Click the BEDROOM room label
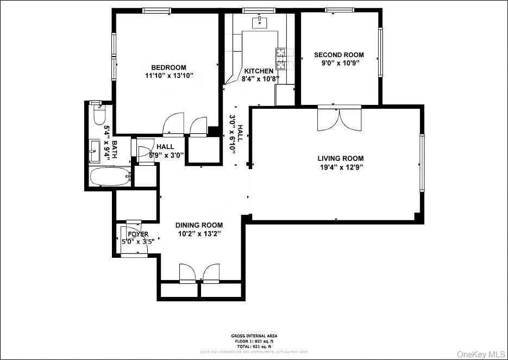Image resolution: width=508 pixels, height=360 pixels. pos(169,67)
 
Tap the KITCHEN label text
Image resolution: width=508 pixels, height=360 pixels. pos(259,71)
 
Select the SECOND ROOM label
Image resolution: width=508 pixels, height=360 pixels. pos(339,55)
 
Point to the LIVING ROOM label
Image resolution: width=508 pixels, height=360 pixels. pos(340,159)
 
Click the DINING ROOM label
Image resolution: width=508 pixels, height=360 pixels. pos(199,225)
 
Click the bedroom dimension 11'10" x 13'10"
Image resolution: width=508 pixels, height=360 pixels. pos(169,76)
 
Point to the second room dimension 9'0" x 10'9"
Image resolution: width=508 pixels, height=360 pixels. pos(339,63)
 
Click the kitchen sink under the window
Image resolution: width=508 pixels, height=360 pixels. pos(260,22)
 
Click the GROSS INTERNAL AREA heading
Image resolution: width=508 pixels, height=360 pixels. pos(254,336)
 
